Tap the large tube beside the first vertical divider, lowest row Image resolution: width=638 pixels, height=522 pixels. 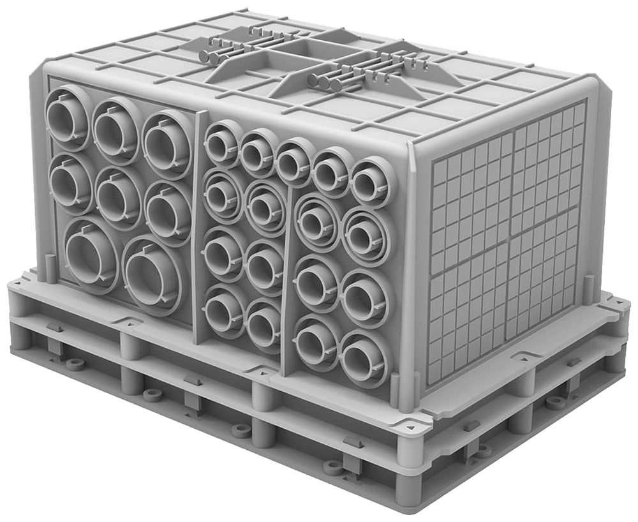click(152, 275)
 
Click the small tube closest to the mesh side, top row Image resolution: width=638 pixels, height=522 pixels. click(368, 182)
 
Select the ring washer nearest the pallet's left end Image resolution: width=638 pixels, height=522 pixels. click(75, 364)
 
